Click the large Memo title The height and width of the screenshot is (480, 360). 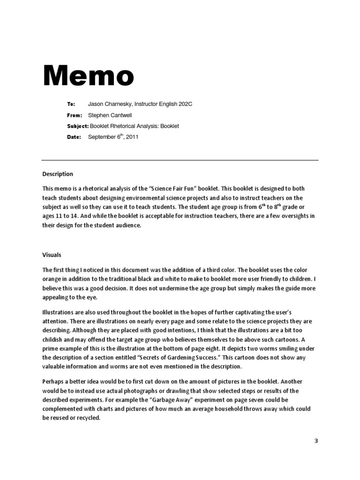pos(89,76)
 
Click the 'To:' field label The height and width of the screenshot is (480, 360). pos(71,105)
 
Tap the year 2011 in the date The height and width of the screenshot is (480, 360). pos(132,137)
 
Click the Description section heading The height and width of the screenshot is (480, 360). pos(58,174)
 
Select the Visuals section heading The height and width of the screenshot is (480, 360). pos(52,255)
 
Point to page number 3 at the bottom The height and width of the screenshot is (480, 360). pos(315,441)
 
